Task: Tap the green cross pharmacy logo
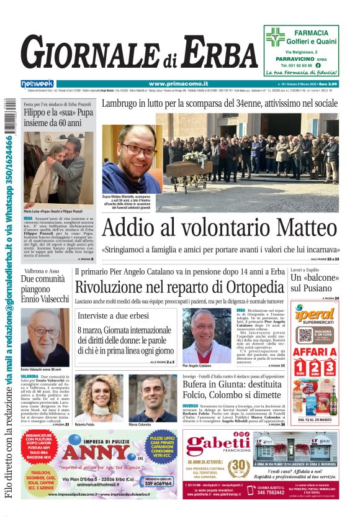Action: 275,37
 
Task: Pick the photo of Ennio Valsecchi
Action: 45,336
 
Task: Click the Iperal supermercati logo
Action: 315,315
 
